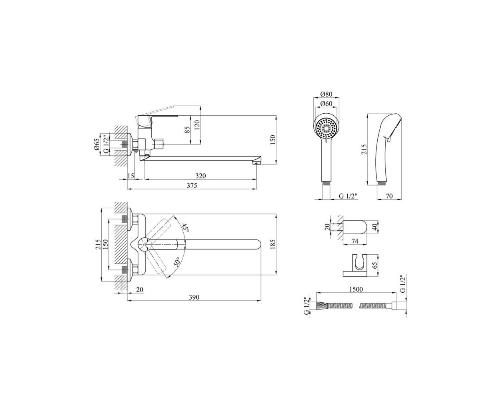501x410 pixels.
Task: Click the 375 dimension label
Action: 191,186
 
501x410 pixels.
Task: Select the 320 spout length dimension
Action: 200,176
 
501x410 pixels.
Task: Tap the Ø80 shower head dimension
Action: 326,94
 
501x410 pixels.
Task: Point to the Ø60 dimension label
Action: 326,104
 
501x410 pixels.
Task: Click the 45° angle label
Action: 186,228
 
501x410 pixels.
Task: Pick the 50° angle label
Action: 177,262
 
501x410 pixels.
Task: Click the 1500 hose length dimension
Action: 356,289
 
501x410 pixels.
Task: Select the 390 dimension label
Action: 194,297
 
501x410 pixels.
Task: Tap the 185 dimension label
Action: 273,245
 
